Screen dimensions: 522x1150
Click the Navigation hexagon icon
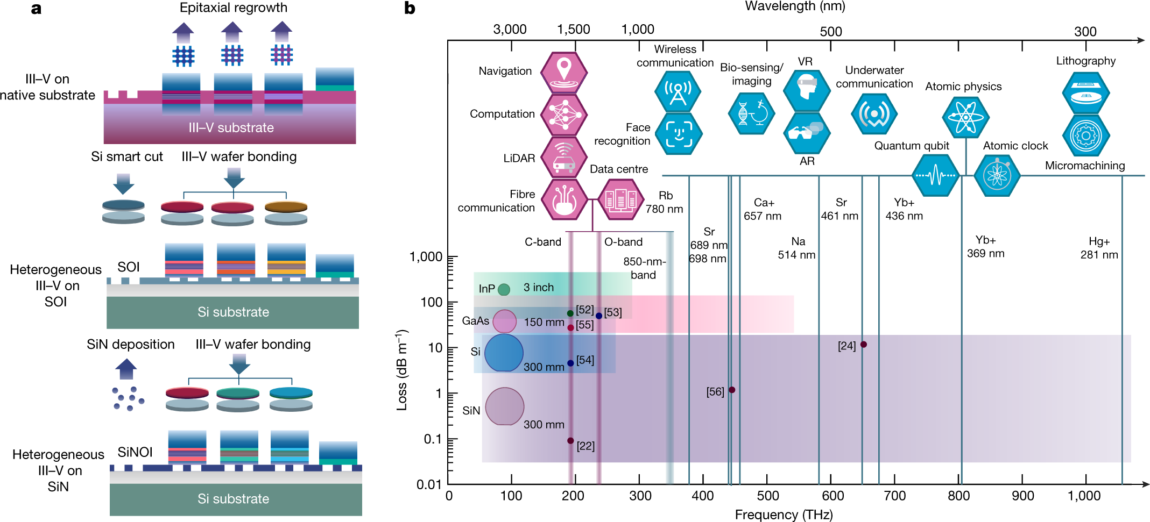pos(563,72)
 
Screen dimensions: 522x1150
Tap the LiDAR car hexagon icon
pos(563,157)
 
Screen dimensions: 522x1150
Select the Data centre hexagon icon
pos(620,199)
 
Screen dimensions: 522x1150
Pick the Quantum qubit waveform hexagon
pos(936,175)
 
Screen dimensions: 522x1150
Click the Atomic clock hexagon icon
pos(997,175)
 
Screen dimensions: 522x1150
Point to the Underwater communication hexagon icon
pos(874,114)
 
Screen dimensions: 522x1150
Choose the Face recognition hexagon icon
pos(679,133)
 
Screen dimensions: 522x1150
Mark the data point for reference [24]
pos(863,345)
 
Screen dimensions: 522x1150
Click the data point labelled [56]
pos(732,390)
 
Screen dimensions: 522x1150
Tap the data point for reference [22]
pos(570,441)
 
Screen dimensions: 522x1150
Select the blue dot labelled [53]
pos(599,316)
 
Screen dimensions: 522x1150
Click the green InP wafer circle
pos(504,290)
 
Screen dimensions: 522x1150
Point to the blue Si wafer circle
pos(504,353)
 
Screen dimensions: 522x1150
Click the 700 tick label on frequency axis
pos(895,496)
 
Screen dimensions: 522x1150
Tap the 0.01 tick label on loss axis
pos(429,484)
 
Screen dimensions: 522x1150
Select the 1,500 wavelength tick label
pos(574,30)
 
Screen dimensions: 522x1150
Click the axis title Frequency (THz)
pos(784,514)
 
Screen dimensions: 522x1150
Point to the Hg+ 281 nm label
pos(1099,248)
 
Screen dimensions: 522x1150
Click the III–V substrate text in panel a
pos(231,127)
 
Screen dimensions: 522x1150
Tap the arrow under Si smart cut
pos(124,183)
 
